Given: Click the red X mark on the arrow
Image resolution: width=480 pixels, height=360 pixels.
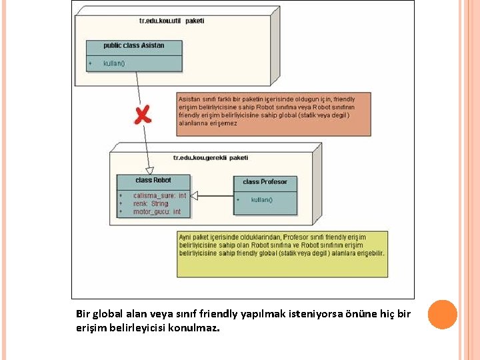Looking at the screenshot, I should [x=142, y=115].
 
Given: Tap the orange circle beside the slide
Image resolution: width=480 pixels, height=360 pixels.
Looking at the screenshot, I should [x=442, y=314].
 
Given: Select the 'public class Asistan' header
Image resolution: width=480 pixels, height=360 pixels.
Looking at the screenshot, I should [x=133, y=46].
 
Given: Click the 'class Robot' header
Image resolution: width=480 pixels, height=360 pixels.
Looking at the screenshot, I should [x=153, y=181].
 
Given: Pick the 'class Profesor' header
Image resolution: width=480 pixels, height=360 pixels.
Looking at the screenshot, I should [x=265, y=182].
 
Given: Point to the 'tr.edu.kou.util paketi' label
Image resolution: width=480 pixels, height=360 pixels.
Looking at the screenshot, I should [x=171, y=21].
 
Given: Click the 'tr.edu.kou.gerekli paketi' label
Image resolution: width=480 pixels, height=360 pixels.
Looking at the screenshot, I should [x=210, y=158].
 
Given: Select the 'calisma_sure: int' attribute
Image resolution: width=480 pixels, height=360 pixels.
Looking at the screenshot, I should [x=159, y=196].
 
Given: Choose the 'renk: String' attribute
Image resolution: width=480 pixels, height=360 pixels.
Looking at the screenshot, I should [x=151, y=204].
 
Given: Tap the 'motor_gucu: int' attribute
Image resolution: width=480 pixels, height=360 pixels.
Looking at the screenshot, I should [x=157, y=212].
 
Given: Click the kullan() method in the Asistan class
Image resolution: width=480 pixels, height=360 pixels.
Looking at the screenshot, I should [x=114, y=64].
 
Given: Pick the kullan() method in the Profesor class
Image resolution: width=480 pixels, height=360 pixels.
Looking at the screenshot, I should [x=261, y=200].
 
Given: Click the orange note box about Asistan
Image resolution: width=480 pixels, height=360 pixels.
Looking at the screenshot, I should [x=274, y=114].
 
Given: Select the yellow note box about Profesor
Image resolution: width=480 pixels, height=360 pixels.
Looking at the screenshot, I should [x=283, y=253].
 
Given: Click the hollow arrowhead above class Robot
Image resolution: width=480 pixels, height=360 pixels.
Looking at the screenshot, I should [x=149, y=170].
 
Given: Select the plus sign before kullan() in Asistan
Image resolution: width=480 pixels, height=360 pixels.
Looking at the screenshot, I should [x=90, y=64].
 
